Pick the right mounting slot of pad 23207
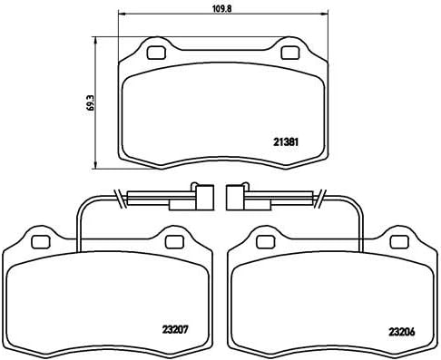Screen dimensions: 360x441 [174, 240]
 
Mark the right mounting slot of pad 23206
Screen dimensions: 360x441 [400, 240]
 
